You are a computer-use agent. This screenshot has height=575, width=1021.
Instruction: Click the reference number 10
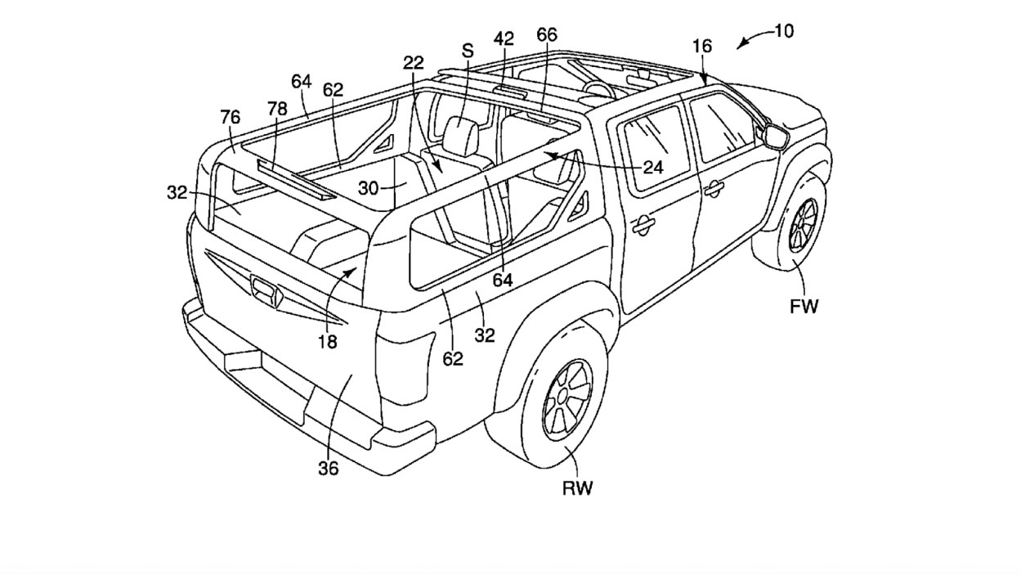pyautogui.click(x=783, y=31)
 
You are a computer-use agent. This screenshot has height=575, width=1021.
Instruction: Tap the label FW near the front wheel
pyautogui.click(x=804, y=307)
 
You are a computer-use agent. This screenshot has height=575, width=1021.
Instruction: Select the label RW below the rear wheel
pyautogui.click(x=577, y=488)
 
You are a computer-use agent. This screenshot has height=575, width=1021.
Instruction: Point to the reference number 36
pyautogui.click(x=329, y=468)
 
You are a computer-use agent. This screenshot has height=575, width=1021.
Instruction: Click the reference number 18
pyautogui.click(x=327, y=342)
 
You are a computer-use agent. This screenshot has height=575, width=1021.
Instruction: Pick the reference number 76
pyautogui.click(x=230, y=118)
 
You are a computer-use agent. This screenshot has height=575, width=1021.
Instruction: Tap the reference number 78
pyautogui.click(x=277, y=109)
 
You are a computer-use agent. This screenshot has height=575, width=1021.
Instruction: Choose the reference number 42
pyautogui.click(x=504, y=38)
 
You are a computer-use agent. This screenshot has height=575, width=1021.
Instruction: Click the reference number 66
pyautogui.click(x=547, y=34)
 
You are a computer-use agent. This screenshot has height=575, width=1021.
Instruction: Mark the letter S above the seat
pyautogui.click(x=468, y=51)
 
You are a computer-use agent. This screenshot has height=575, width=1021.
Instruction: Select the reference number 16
pyautogui.click(x=701, y=47)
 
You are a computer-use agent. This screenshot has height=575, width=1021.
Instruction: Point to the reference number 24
pyautogui.click(x=652, y=167)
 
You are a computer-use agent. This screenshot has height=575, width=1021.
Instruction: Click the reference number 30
pyautogui.click(x=369, y=187)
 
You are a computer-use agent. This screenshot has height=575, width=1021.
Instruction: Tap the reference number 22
pyautogui.click(x=414, y=63)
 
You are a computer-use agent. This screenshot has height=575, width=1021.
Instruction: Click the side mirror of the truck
pyautogui.click(x=776, y=136)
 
